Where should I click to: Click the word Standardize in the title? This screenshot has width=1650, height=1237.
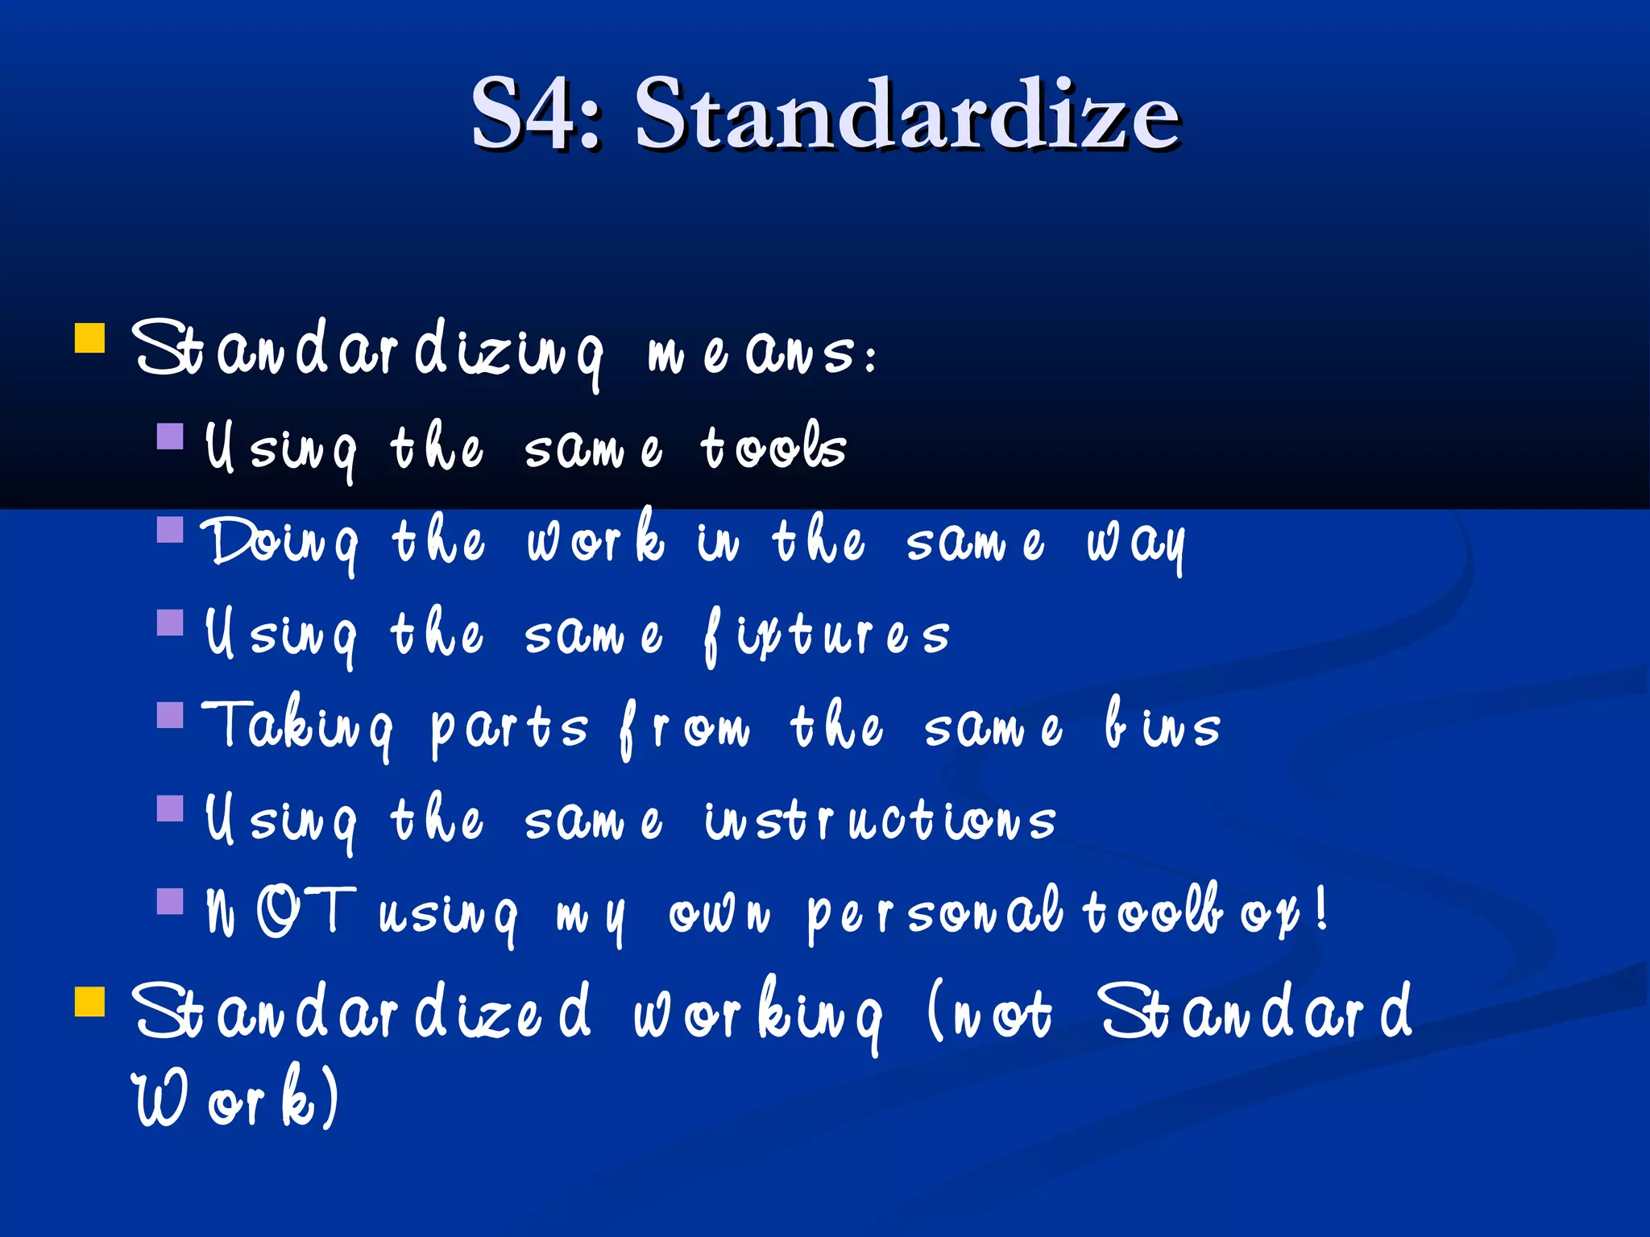[907, 114]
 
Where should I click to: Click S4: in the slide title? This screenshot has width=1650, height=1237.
[536, 114]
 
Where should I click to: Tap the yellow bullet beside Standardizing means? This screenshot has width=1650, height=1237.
[89, 338]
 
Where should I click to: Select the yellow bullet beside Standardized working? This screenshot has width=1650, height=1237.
[89, 1002]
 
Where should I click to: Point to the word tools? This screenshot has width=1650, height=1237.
[773, 447]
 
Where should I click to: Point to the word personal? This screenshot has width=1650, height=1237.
[935, 913]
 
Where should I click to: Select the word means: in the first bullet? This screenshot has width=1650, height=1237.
[762, 354]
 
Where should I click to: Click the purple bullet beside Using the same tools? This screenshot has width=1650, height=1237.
[170, 436]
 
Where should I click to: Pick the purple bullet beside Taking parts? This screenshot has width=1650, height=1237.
[170, 715]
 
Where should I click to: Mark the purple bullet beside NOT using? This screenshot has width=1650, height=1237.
[170, 901]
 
